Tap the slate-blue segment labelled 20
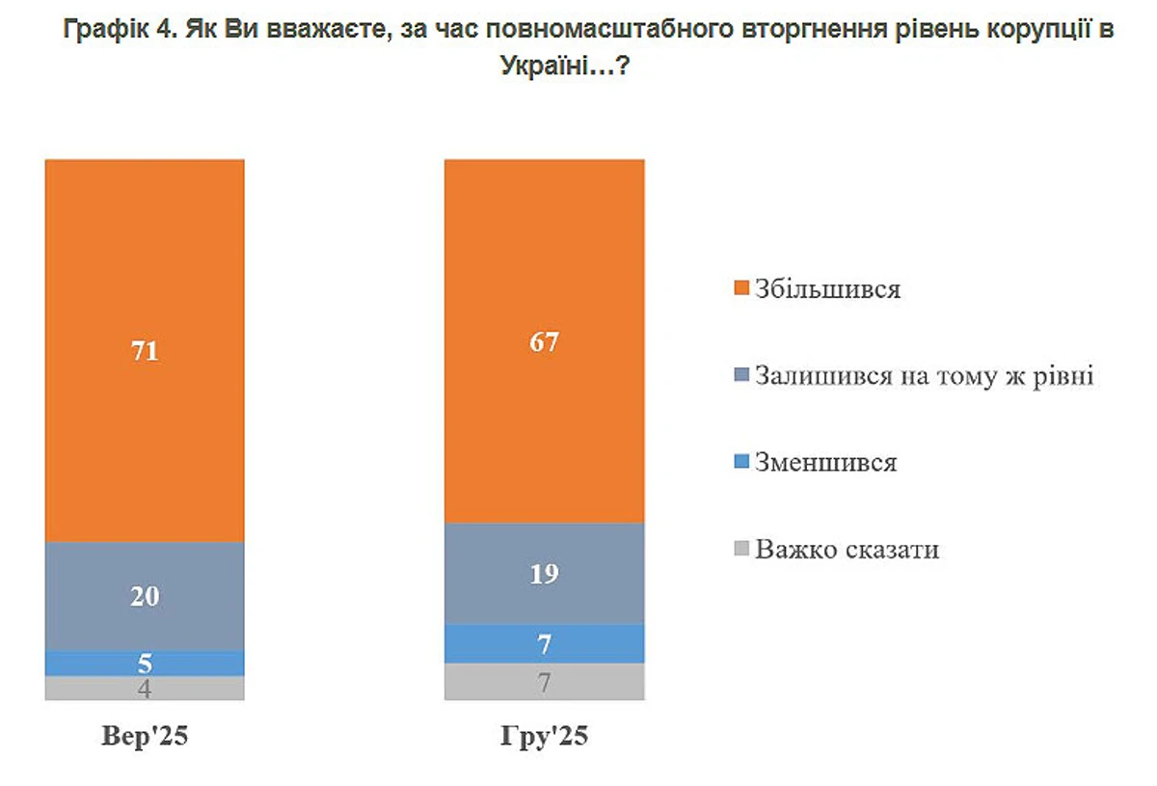tap(145, 596)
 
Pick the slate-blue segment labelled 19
tap(544, 574)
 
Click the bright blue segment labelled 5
tap(145, 664)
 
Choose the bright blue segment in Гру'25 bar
tap(544, 643)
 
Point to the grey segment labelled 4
tap(145, 689)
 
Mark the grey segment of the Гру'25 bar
tap(544, 682)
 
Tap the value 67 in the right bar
tap(544, 342)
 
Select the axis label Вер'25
tap(145, 738)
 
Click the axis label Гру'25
tap(544, 738)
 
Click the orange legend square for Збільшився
tap(740, 289)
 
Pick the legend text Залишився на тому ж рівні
tap(925, 375)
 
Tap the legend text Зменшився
tap(826, 463)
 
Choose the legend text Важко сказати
tap(848, 550)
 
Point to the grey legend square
tap(740, 550)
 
